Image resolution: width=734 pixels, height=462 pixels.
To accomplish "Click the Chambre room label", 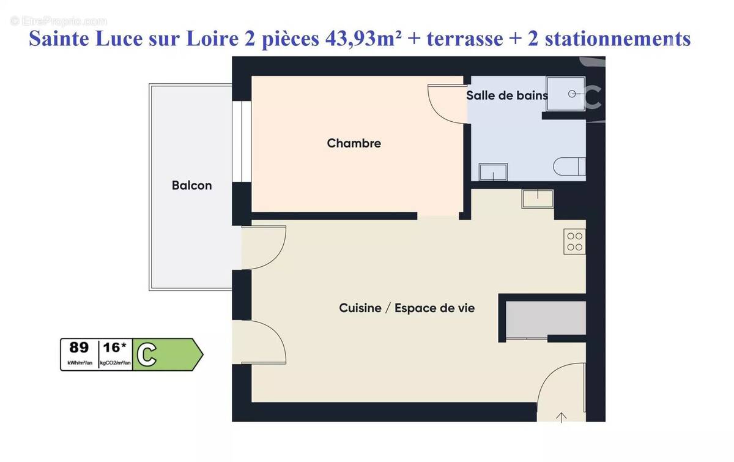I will coord(354,143).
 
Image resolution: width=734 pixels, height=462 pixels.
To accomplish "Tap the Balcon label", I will coord(191,185).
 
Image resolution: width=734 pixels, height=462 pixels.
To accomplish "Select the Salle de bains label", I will coord(506,95).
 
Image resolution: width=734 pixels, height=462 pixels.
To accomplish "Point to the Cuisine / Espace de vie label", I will coord(407,308).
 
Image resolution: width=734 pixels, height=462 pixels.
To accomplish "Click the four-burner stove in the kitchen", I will coord(574,241).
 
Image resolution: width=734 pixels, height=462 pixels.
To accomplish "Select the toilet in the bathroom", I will coord(569,166).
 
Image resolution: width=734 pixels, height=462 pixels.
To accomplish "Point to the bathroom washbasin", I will coord(493,172).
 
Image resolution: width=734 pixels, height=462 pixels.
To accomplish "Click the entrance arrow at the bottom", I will coord(562,417).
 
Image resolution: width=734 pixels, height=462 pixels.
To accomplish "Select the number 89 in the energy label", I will coord(78,348).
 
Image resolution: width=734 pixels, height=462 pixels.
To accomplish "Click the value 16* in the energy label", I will coord(114,348).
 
